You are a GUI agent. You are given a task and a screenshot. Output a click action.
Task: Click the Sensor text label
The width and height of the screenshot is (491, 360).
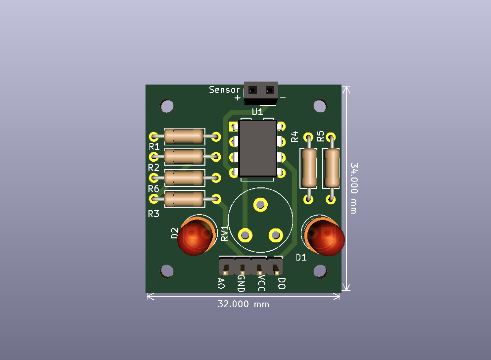[224, 90]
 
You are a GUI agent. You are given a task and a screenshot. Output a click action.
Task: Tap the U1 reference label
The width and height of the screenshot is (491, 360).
[257, 112]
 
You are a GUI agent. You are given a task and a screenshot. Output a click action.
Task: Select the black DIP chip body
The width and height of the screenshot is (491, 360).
[257, 148]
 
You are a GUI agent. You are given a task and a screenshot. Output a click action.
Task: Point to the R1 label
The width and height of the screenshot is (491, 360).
[154, 147]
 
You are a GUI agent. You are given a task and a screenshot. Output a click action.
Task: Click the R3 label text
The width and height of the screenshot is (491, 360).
[153, 214]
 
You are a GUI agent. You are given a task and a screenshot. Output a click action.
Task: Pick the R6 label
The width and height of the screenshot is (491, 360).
[153, 189]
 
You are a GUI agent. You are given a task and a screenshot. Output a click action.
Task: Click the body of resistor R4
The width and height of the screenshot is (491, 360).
[309, 168]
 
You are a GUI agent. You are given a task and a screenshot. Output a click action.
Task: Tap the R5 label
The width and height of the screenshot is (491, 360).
[320, 136]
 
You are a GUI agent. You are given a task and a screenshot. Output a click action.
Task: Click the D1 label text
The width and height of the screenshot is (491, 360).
[301, 257]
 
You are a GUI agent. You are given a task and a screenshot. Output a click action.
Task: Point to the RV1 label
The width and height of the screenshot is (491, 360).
[224, 234]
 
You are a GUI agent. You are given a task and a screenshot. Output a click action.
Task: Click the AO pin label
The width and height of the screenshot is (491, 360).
[221, 283]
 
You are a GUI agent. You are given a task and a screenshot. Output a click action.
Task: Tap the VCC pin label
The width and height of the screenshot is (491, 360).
[261, 284]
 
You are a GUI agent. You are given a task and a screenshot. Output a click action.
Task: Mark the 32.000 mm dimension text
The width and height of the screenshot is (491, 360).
[243, 304]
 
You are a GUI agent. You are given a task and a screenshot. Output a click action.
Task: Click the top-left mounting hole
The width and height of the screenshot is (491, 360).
[167, 106]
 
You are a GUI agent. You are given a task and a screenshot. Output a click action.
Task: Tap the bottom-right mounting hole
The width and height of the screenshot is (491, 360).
[320, 270]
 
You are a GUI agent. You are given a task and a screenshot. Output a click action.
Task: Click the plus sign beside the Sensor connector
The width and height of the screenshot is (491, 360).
[238, 98]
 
